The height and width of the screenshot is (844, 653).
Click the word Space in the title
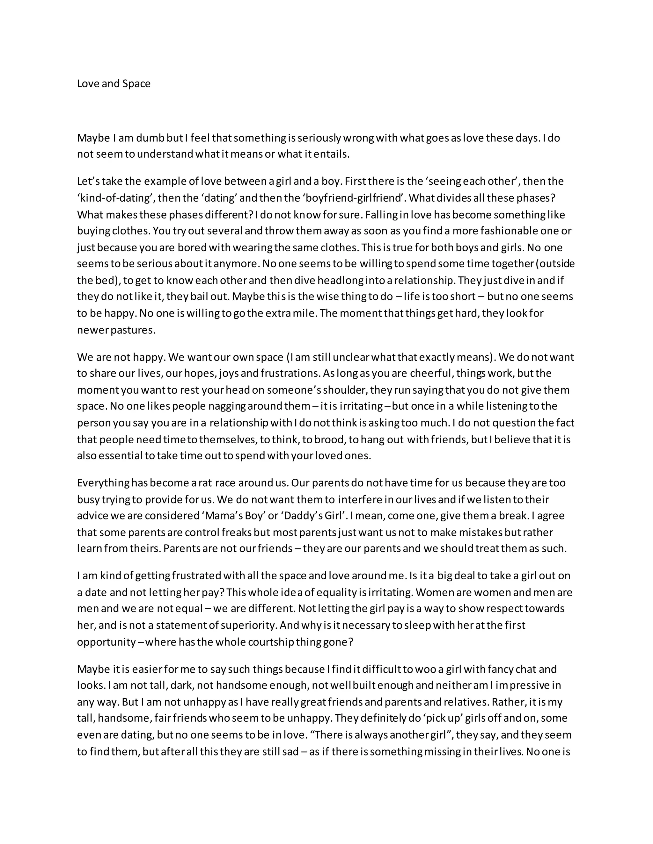pyautogui.click(x=136, y=84)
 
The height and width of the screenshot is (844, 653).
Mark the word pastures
pyautogui.click(x=133, y=330)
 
